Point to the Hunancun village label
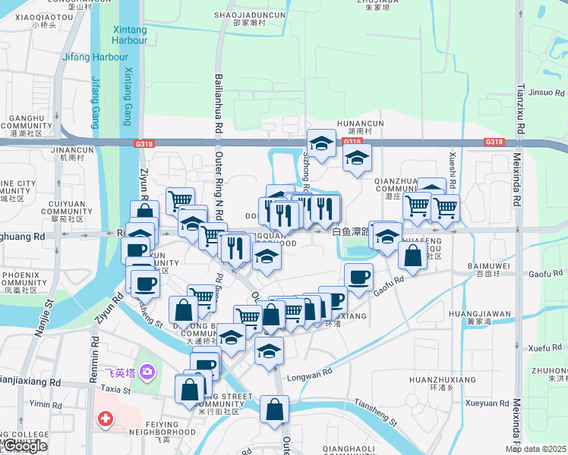point(361,127)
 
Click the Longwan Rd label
point(309,373)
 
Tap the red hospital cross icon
point(105,419)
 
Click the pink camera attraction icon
point(147,372)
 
